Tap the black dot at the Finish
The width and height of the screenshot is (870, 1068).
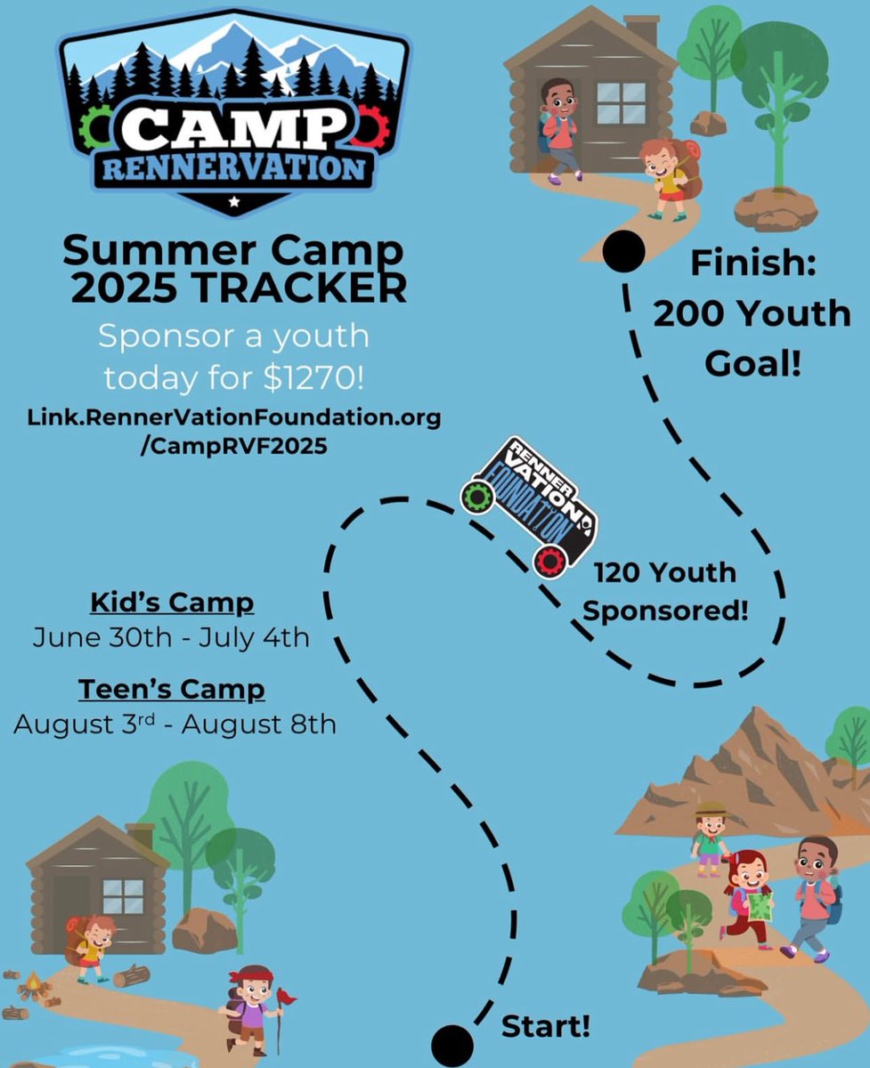[623, 252]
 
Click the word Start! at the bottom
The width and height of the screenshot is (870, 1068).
[546, 1026]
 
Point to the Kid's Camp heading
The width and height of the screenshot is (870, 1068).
[172, 603]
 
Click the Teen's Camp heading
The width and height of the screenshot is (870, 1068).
[172, 689]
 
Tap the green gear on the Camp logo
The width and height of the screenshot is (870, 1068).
[95, 126]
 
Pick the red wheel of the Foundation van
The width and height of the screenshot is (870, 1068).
[550, 562]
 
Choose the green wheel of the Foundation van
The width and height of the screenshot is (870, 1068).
[477, 495]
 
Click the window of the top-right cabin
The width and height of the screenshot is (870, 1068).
[621, 102]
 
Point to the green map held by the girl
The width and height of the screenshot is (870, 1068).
[760, 906]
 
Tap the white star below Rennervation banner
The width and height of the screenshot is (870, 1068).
[233, 203]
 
